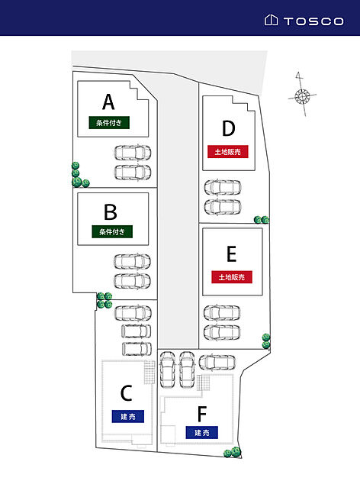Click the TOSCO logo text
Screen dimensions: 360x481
click(313, 21)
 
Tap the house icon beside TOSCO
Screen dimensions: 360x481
click(272, 21)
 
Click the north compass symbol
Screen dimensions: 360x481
click(302, 95)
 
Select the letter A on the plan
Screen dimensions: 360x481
click(108, 102)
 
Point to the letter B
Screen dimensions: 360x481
click(111, 211)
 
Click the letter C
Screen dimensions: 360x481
click(127, 393)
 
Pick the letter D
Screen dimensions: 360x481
click(229, 128)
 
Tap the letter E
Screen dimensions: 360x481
click(231, 254)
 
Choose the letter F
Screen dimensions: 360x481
click(202, 414)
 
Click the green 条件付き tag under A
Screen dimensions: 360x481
click(109, 123)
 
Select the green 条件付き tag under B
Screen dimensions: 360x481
click(112, 231)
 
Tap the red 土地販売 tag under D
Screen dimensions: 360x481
click(227, 151)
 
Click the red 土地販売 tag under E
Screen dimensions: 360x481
click(232, 277)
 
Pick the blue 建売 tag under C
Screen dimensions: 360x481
click(128, 416)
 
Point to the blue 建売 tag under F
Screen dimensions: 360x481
click(202, 433)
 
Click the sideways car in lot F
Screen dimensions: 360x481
click(217, 363)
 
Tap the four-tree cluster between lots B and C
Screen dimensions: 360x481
click(104, 300)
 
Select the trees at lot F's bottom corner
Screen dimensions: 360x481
click(232, 452)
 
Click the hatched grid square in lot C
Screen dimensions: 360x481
click(149, 372)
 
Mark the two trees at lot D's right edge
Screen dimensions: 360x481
click(262, 220)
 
